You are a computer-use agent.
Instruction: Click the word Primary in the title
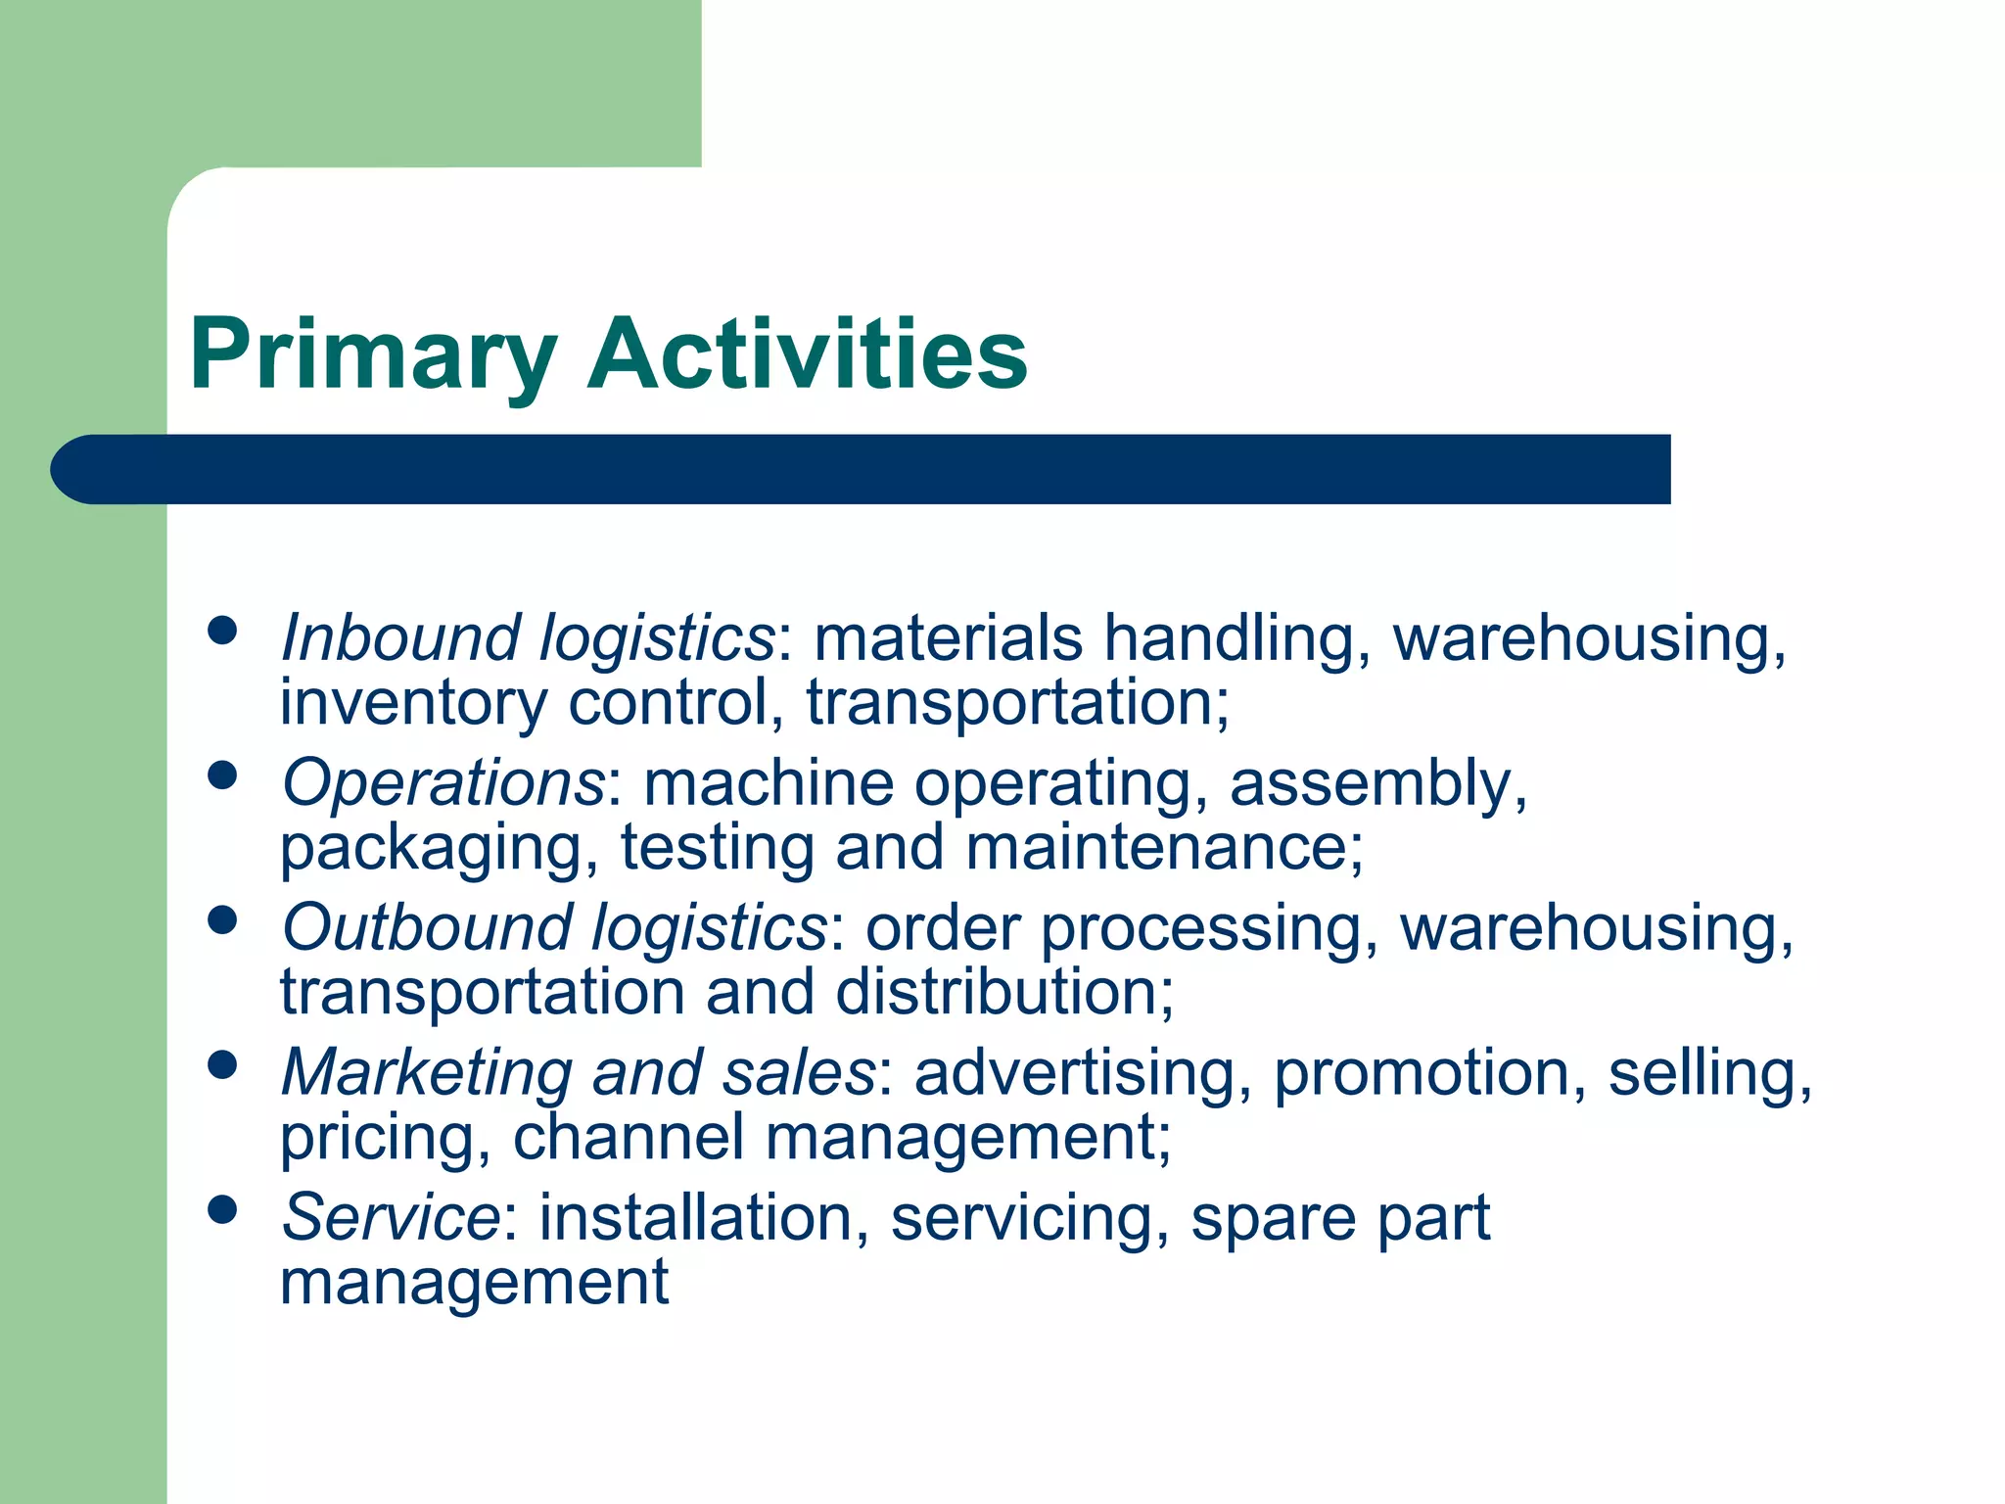(373, 354)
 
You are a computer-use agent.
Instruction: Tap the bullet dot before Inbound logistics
(223, 631)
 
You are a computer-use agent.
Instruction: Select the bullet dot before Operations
(223, 775)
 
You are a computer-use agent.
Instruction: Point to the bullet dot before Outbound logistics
(223, 920)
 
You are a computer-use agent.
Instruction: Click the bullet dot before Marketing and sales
(223, 1065)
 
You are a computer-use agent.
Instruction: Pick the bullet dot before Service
(223, 1210)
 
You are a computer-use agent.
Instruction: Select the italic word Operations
(443, 783)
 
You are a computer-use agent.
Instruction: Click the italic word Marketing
(425, 1073)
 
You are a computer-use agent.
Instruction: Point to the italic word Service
(390, 1218)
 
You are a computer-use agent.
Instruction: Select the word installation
(695, 1218)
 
